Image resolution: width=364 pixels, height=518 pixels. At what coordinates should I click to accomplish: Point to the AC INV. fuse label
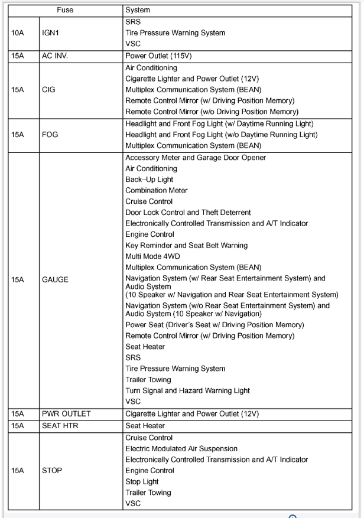pos(59,58)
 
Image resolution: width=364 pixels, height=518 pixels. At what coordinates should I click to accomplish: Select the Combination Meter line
pos(158,191)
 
